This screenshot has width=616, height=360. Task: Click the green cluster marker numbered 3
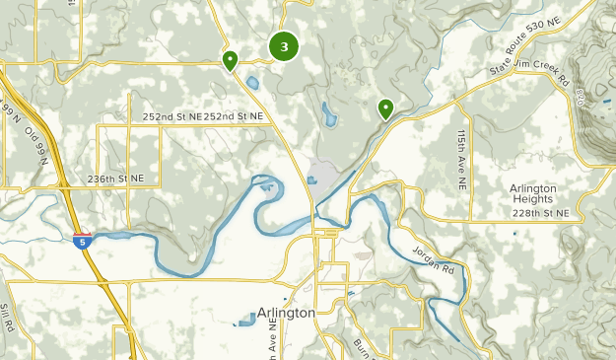(284, 46)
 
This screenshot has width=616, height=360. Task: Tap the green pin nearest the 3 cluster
(230, 61)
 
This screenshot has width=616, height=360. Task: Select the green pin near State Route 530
(385, 108)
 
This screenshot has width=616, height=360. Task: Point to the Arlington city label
(286, 313)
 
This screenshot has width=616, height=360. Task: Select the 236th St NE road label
(115, 179)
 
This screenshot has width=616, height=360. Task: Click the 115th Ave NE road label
(461, 158)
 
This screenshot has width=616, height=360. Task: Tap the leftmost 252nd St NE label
(171, 116)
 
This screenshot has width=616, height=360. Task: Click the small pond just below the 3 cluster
(253, 83)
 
